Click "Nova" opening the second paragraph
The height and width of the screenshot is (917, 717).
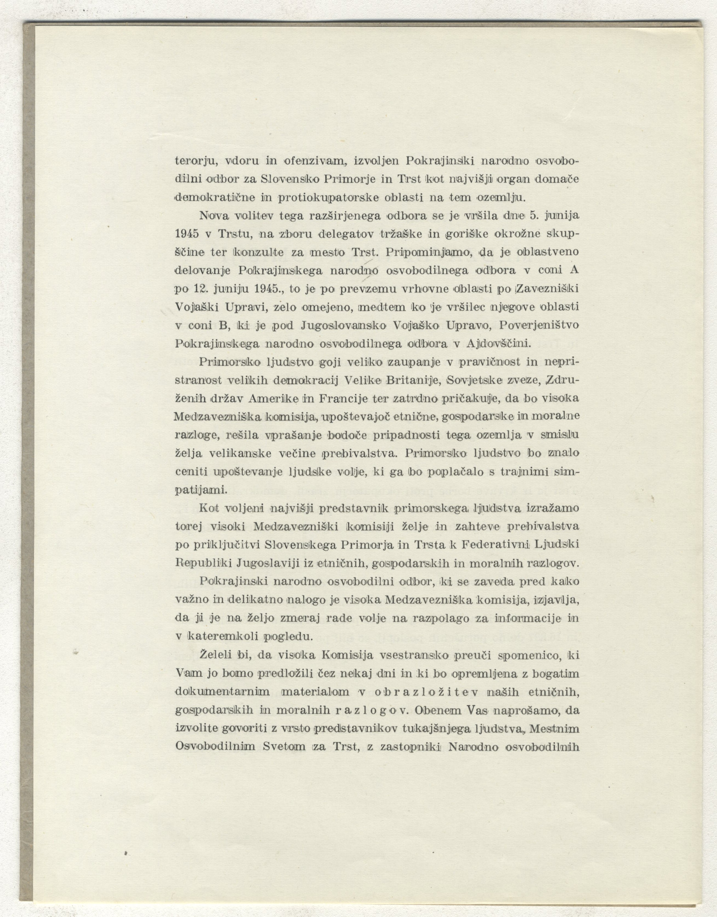click(x=214, y=215)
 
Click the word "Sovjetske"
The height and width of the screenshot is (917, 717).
click(x=475, y=379)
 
